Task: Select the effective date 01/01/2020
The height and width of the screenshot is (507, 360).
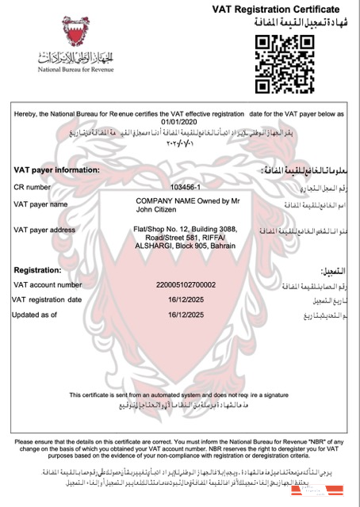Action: pos(177,122)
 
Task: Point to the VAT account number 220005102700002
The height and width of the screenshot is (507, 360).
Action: pos(181,284)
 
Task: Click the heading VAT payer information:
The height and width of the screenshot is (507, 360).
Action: pos(57,170)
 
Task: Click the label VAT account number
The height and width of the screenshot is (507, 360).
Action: pos(48,284)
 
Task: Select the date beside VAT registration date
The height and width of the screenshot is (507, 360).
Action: pos(181,299)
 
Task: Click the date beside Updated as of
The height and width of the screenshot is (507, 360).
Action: pos(181,314)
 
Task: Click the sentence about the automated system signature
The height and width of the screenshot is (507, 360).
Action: pos(179,394)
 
